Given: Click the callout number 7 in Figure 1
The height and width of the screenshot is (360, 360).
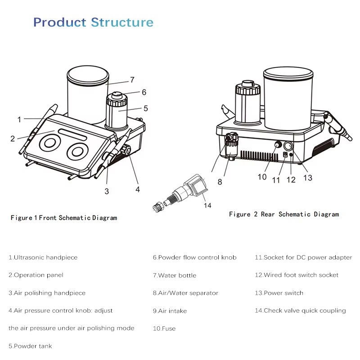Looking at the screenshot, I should (x=132, y=80).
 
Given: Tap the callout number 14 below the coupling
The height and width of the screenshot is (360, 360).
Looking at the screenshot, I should (x=207, y=206).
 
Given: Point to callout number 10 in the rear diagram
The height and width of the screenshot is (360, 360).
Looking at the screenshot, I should (x=262, y=177).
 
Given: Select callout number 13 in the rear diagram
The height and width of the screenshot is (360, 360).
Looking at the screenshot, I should (x=308, y=178).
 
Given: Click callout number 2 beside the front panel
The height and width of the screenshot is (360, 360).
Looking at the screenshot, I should (x=13, y=138).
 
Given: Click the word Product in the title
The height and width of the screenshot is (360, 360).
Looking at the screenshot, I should (x=60, y=22).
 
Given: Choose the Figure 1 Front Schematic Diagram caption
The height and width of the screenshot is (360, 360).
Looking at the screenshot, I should (x=63, y=218).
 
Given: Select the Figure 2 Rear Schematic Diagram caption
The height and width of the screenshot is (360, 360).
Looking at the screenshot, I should (x=283, y=214).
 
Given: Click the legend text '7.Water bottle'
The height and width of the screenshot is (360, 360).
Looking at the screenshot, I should (x=174, y=275).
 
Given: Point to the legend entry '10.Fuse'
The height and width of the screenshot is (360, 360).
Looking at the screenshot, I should (x=164, y=328).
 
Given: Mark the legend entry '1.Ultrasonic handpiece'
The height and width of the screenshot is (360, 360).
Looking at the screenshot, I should (x=43, y=257).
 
